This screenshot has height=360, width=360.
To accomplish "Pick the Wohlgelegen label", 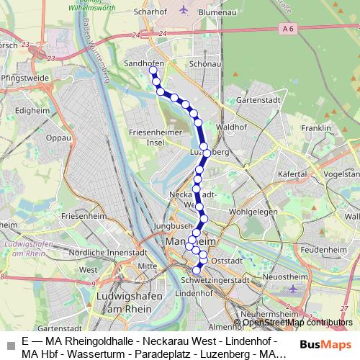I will [x=253, y=212].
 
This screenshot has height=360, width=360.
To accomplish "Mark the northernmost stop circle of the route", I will [x=152, y=71].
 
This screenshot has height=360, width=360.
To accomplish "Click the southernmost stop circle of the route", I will [x=197, y=270].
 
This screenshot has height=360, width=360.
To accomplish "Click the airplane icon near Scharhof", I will [x=183, y=11].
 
